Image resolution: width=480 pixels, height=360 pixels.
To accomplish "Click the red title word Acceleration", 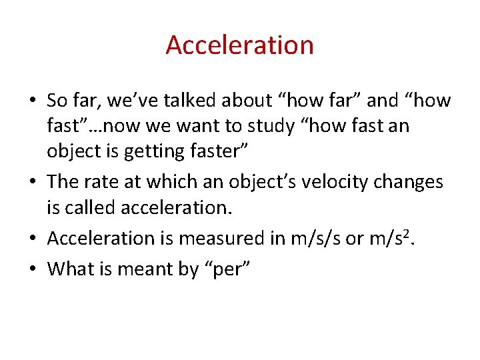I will pyautogui.click(x=239, y=45).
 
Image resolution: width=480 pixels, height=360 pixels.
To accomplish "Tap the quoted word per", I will pyautogui.click(x=225, y=270).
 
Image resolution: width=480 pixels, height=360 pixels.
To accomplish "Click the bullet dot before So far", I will pyautogui.click(x=33, y=101).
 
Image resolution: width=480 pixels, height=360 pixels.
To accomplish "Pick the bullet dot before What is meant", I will pyautogui.click(x=33, y=269).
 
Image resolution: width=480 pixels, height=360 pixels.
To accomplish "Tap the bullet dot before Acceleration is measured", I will pyautogui.click(x=33, y=239).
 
